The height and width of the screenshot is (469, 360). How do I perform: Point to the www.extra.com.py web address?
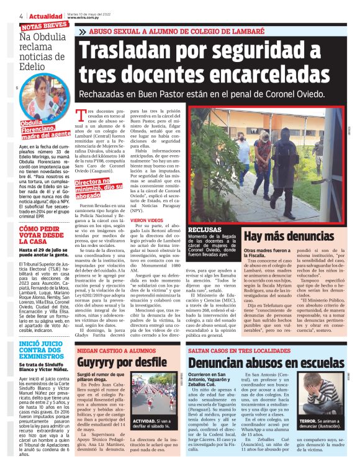pyautogui.click(x=84, y=18)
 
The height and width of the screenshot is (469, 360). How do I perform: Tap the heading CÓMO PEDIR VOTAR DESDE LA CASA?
pyautogui.click(x=42, y=237)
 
